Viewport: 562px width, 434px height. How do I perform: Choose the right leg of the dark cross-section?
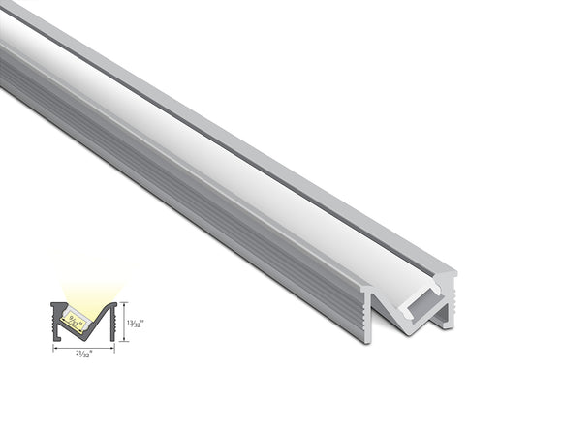[110, 320]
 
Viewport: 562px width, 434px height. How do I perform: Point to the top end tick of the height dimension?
[124, 302]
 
